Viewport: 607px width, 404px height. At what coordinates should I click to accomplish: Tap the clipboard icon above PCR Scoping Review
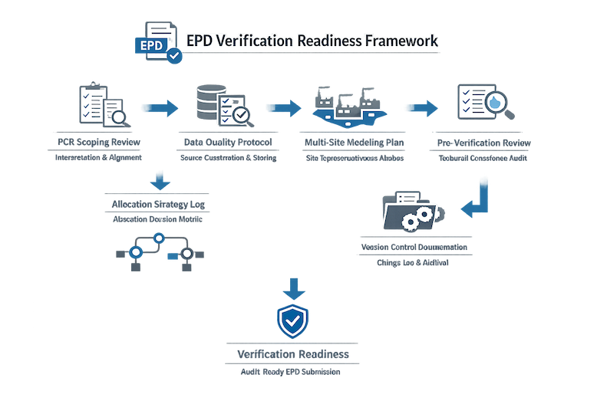pos(101,106)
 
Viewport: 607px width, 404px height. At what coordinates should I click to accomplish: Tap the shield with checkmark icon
pos(292,322)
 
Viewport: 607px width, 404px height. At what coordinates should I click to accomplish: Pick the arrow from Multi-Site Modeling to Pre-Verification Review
pos(421,108)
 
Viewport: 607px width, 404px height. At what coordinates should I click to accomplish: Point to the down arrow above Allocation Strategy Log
pos(159,182)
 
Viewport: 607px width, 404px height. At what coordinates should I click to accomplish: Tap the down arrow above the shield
pos(292,287)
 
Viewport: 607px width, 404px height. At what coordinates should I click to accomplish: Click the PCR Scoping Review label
pos(98,143)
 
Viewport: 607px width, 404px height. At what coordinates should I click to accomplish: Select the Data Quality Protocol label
pos(227,143)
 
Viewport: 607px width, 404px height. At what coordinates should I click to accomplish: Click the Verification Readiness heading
pos(292,355)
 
